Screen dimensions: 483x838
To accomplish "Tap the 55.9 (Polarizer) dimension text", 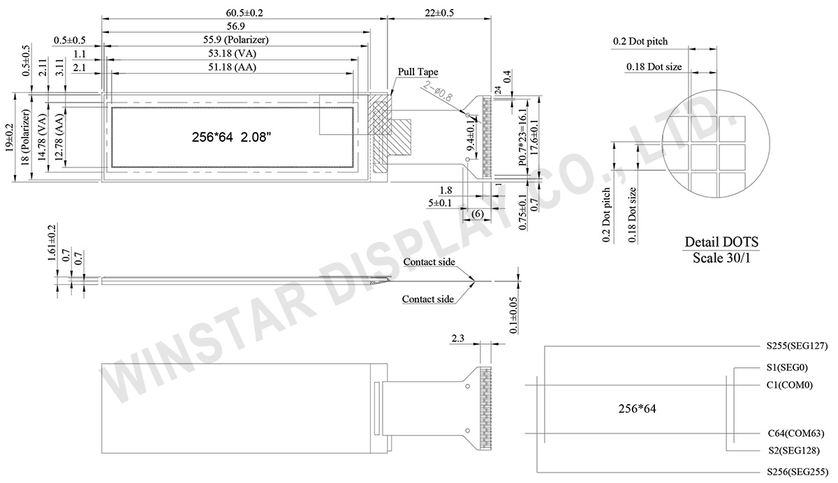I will [237, 40].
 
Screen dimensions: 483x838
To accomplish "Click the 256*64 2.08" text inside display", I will [231, 138].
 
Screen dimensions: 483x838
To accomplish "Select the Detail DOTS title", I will [721, 242].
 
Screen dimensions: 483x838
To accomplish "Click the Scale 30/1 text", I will [721, 258].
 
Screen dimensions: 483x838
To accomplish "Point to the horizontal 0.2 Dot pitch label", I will [640, 42].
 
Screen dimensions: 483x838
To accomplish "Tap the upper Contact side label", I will [428, 262].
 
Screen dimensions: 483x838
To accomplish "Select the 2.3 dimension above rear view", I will [458, 338].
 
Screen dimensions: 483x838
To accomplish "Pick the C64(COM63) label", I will [794, 433].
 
